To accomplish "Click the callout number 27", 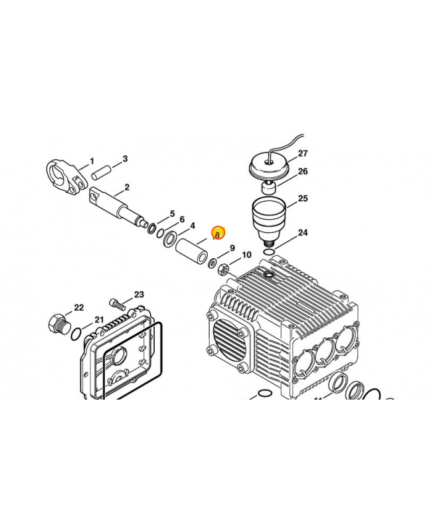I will pos(303,153).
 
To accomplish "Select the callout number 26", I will pos(303,171).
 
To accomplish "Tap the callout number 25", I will pos(303,198).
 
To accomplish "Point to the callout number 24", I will pos(303,233).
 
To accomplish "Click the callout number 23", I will pos(139,295).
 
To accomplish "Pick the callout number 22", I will pos(79,307).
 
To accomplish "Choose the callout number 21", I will pos(99,319).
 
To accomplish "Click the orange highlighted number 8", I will pos(218,234).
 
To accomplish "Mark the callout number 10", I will pos(246,255).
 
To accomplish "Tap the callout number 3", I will pos(124,159).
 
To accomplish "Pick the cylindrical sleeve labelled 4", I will pos(193,253).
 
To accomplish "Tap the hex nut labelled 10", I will pos(224,268).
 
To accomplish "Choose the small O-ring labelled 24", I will pos(266,252).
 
